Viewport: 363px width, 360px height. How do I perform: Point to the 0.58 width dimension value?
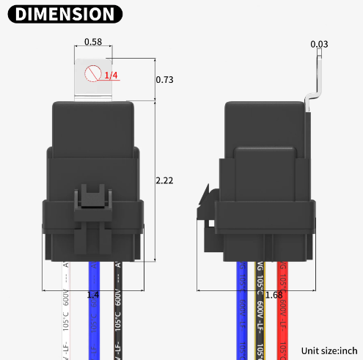pyautogui.click(x=92, y=42)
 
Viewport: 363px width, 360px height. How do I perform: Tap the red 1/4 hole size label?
pyautogui.click(x=111, y=76)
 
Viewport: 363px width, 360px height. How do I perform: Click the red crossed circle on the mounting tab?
pyautogui.click(x=92, y=74)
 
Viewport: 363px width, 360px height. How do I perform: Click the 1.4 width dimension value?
pyautogui.click(x=93, y=295)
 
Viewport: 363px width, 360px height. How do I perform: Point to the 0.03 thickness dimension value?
pyautogui.click(x=319, y=45)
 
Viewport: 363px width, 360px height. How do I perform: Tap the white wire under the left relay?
pyautogui.click(x=65, y=315)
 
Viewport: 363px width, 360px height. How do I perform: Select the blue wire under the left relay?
pyautogui.click(x=92, y=315)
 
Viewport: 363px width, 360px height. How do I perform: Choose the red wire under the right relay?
pyautogui.click(x=283, y=323)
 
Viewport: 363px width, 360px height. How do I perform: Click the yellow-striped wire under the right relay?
pyautogui.click(x=260, y=323)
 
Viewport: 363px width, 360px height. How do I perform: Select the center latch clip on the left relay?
pyautogui.click(x=92, y=202)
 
